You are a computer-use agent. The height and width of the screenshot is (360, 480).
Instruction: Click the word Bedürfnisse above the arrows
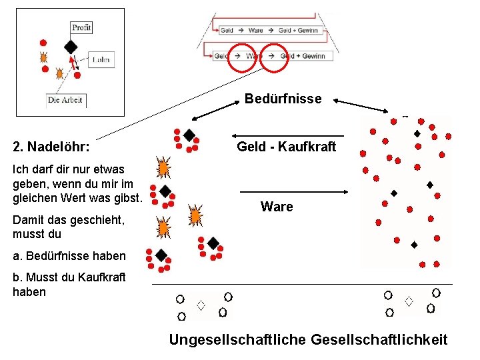pyautogui.click(x=283, y=99)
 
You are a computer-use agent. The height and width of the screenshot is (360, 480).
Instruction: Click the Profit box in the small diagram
pyautogui.click(x=81, y=27)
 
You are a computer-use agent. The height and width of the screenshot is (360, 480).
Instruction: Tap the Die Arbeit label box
pyautogui.click(x=65, y=101)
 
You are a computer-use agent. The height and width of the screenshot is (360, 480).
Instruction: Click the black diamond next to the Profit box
pyautogui.click(x=70, y=46)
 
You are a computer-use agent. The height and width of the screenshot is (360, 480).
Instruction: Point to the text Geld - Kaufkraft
pyautogui.click(x=287, y=147)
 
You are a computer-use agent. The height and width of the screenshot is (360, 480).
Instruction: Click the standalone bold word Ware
pyautogui.click(x=277, y=207)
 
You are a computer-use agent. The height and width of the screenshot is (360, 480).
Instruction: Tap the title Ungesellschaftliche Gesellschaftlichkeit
pyautogui.click(x=308, y=340)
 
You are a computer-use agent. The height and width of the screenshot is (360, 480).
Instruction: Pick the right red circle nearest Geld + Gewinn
pyautogui.click(x=272, y=57)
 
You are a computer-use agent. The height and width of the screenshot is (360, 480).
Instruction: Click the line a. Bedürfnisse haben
pyautogui.click(x=69, y=256)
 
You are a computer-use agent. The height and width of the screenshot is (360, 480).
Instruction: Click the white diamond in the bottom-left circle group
pyautogui.click(x=200, y=305)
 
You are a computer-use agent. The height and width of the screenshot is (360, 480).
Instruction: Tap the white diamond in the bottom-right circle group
pyautogui.click(x=409, y=301)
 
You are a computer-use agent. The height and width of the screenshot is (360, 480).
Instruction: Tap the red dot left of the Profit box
pyautogui.click(x=43, y=43)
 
